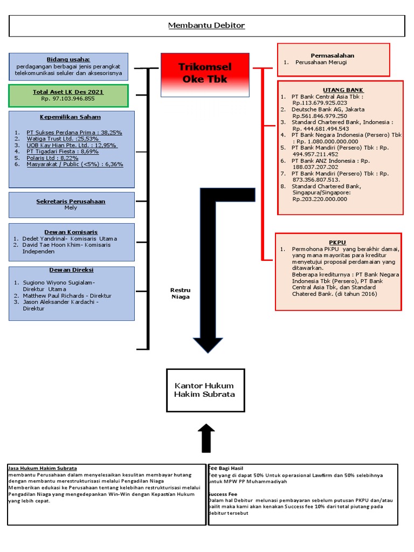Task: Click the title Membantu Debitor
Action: (206, 25)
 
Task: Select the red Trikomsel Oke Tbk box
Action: (205, 75)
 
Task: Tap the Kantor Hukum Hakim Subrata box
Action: (205, 390)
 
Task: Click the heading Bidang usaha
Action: (68, 59)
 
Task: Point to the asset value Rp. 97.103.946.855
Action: (68, 99)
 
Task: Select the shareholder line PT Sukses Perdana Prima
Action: (74, 133)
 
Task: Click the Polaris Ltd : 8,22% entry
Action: (52, 158)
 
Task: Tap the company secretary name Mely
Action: (71, 208)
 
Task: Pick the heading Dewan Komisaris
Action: (71, 232)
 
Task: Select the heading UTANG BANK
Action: (343, 90)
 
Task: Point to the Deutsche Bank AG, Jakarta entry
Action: (328, 109)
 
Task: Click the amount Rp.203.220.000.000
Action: (320, 199)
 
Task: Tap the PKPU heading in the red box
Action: (337, 242)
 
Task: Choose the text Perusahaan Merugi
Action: (321, 63)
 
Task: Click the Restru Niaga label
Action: (180, 293)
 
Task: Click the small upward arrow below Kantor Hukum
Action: (206, 438)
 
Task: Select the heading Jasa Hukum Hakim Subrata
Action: (42, 468)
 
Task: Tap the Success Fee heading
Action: (223, 494)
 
